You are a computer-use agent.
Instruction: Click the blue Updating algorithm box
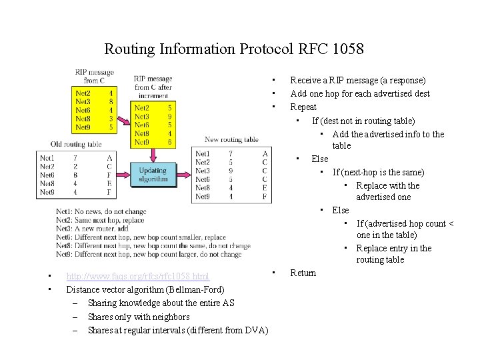click(153, 175)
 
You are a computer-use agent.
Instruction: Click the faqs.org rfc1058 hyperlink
click(137, 277)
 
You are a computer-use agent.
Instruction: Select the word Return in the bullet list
click(303, 273)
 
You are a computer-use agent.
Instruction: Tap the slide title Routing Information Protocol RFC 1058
click(234, 49)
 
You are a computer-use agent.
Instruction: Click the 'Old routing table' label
click(76, 144)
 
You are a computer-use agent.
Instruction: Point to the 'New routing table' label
click(231, 140)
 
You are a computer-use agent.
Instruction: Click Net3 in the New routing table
click(203, 171)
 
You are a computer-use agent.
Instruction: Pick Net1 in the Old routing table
click(47, 158)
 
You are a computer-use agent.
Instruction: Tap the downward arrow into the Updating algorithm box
click(153, 155)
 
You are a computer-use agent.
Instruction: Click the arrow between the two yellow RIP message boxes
click(125, 107)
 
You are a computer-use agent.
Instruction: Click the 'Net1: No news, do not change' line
click(101, 212)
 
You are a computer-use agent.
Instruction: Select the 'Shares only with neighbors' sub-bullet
click(139, 317)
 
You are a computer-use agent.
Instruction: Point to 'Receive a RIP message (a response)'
click(357, 80)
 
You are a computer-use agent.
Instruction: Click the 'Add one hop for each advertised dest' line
click(360, 93)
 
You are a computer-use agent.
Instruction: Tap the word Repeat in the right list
click(303, 107)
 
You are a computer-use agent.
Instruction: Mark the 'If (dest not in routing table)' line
click(363, 121)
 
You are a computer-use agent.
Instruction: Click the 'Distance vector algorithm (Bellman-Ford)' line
click(145, 289)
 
